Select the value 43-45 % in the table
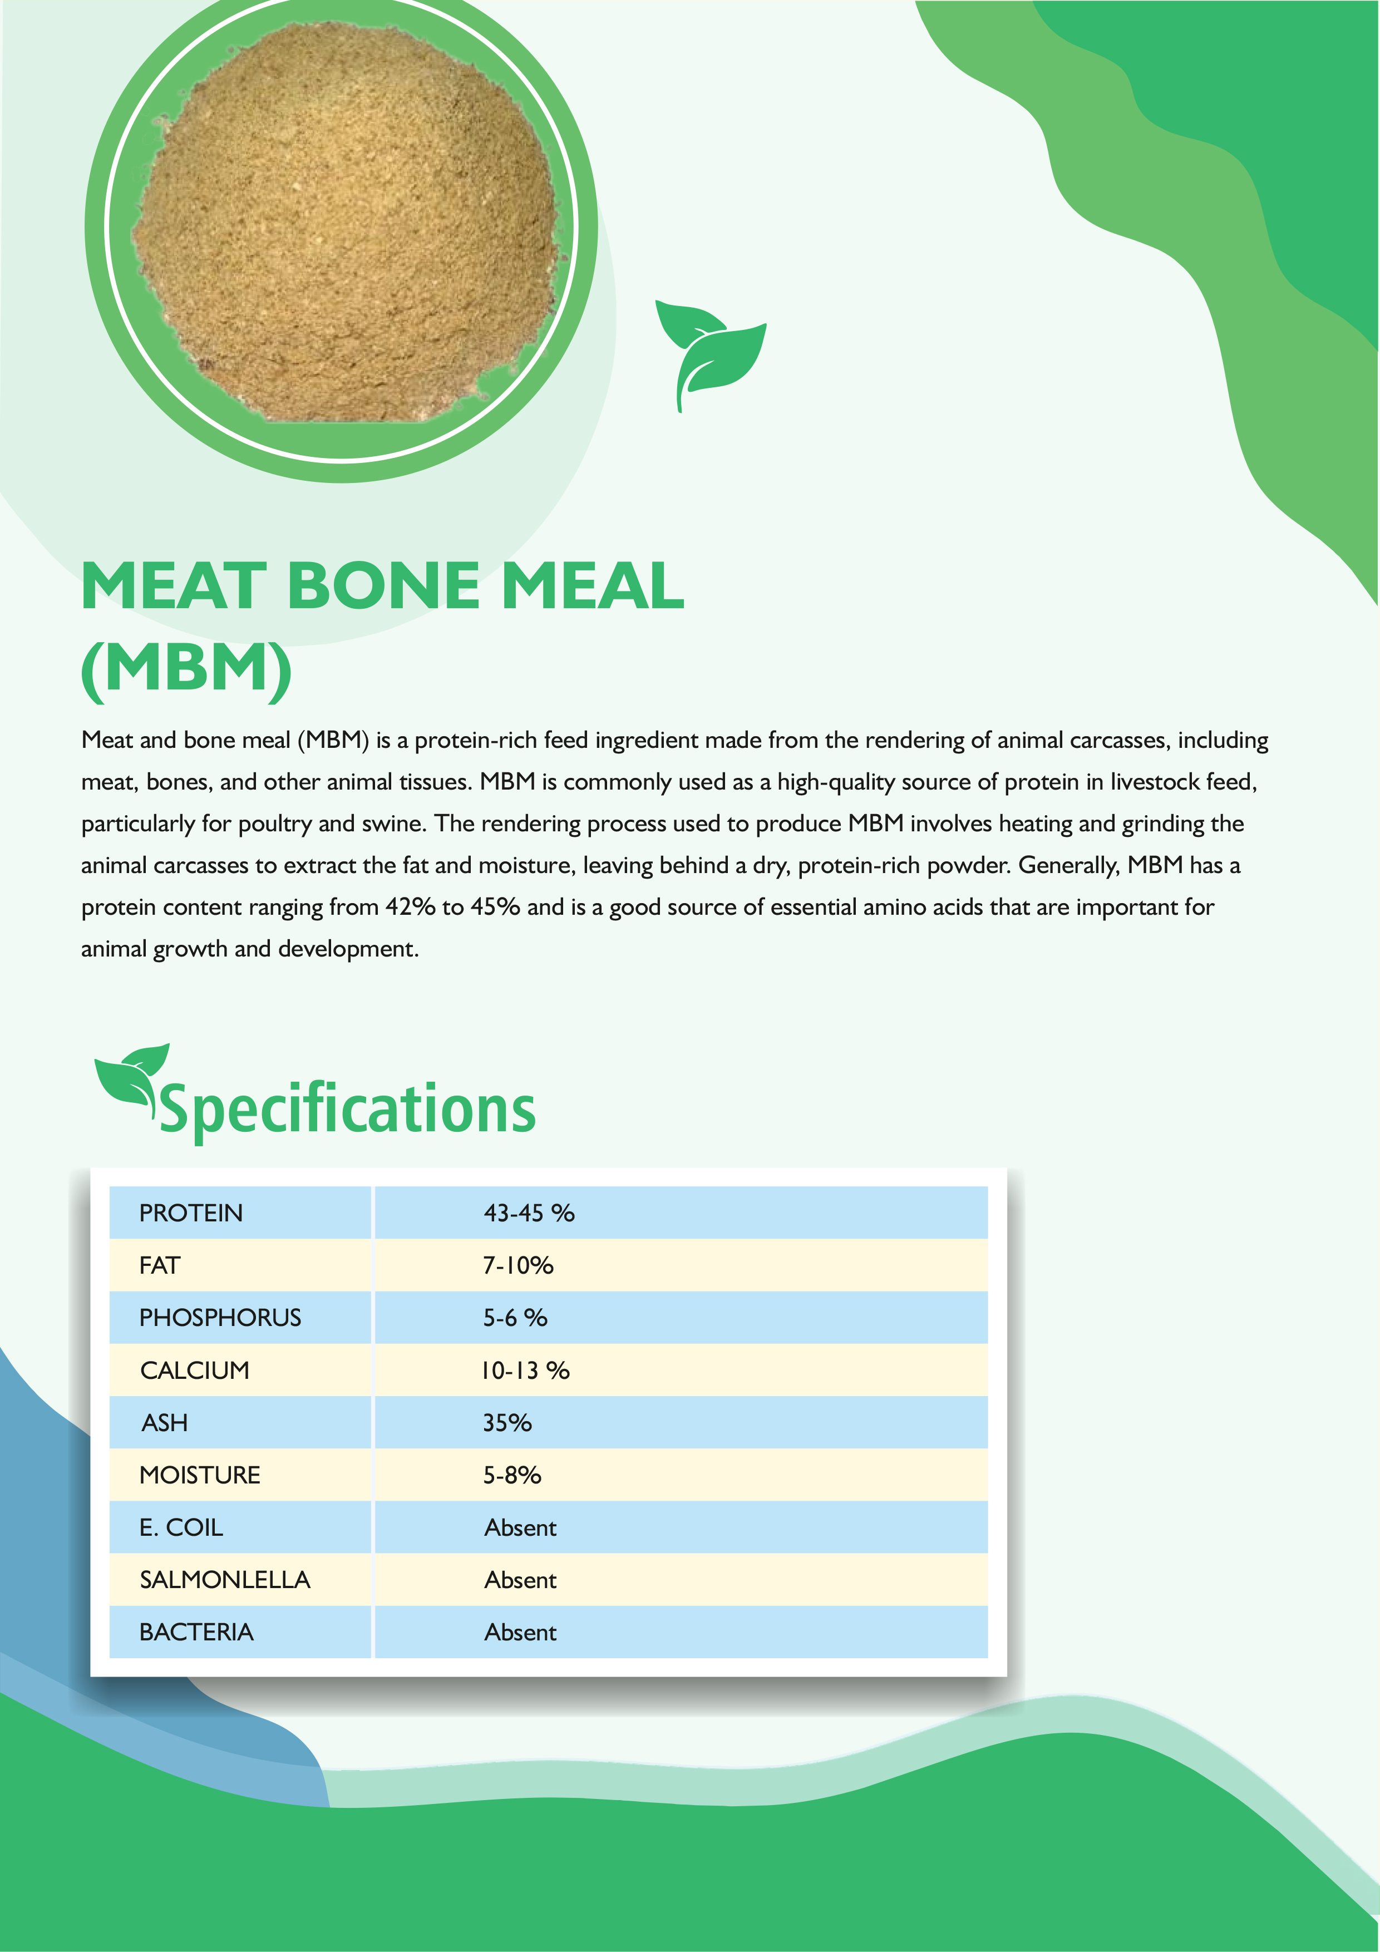coord(529,1213)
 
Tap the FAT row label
coord(160,1266)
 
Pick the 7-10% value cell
coord(518,1266)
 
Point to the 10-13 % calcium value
coord(525,1371)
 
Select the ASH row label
coord(165,1423)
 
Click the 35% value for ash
coord(507,1423)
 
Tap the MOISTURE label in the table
coord(200,1475)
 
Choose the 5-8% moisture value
coord(512,1475)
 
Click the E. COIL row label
coord(181,1528)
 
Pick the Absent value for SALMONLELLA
coord(520,1580)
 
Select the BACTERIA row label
coord(196,1633)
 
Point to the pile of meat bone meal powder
coord(344,223)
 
